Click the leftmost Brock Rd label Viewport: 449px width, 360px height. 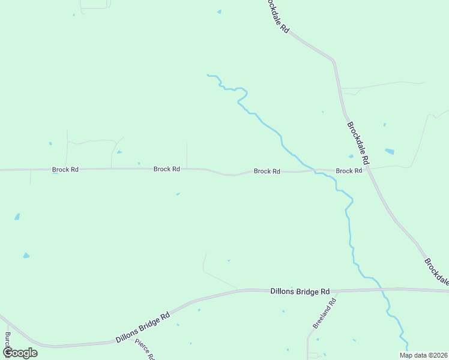click(x=65, y=170)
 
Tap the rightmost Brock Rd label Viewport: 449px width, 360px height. click(x=349, y=171)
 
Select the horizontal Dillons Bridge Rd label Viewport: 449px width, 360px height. click(x=300, y=292)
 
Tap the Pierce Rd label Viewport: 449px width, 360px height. click(x=145, y=349)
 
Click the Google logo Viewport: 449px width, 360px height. click(x=19, y=353)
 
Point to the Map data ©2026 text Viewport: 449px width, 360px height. click(x=423, y=355)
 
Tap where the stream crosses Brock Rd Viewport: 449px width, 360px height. click(x=313, y=170)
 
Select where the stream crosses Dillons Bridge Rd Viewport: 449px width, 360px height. click(x=382, y=290)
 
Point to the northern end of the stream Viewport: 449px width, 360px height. click(x=208, y=75)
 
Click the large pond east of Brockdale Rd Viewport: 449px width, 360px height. click(x=390, y=151)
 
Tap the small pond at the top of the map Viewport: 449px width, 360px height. click(x=219, y=11)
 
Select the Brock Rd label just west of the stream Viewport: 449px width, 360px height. click(x=267, y=172)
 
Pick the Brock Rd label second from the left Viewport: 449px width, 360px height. click(x=167, y=169)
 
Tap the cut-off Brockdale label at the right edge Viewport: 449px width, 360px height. click(x=436, y=271)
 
